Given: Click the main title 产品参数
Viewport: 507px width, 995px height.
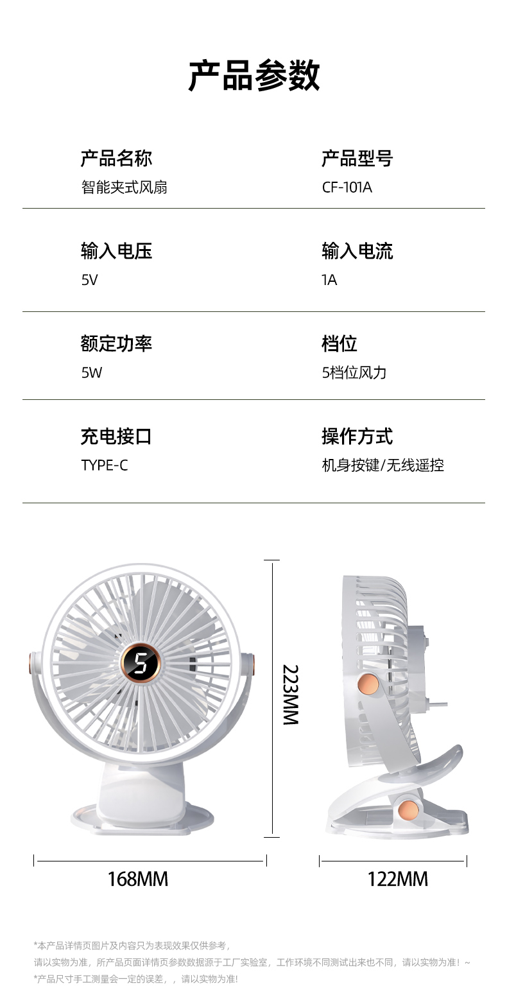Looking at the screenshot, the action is coord(253,76).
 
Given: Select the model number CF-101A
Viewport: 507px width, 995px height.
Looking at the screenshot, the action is coord(347,187).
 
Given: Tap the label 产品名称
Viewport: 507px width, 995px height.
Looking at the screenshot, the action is coord(116,158).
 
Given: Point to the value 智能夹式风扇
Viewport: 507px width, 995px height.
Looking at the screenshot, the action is coord(124,187).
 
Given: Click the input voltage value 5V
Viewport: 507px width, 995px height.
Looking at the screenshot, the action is coord(89,280).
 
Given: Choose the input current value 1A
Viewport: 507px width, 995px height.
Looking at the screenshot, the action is coord(329,280).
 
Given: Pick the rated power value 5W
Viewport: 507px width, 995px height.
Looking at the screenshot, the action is coord(91,372).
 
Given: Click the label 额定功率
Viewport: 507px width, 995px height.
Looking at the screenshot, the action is coord(116,343).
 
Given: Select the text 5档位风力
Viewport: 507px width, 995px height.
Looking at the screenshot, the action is coord(354,372).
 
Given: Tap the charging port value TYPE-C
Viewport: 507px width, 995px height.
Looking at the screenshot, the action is coord(104,465).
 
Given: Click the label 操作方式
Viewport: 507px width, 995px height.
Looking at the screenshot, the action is coord(357,437).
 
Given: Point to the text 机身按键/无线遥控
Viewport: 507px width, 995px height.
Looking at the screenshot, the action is coord(382,465).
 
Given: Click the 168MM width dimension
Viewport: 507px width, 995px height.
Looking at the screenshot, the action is coord(137,878).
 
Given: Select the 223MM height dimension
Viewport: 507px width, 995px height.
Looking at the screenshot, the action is coord(291,695).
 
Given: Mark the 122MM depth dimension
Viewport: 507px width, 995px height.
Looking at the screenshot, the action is coord(397,878).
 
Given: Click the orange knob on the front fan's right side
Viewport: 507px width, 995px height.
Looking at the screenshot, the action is coord(250,663).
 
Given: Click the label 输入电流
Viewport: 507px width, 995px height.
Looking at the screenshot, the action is coord(357,251).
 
